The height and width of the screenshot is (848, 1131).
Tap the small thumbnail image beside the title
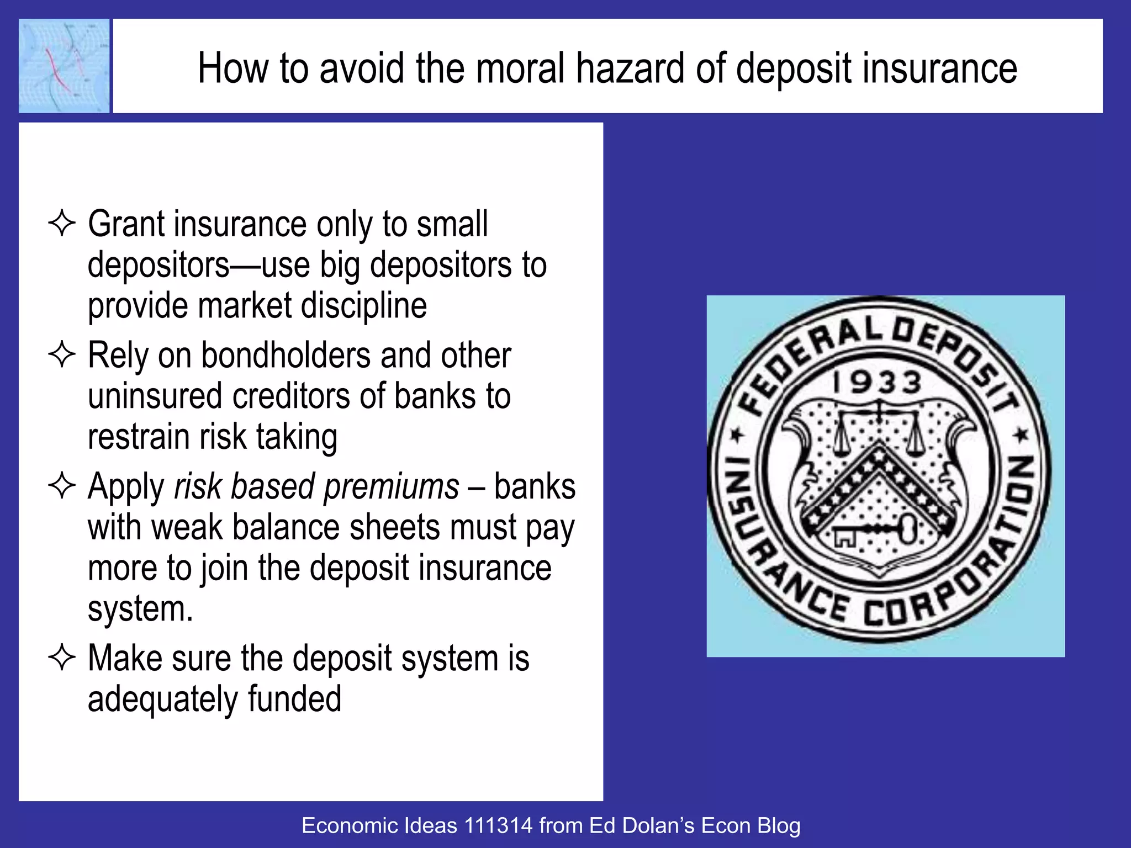64,66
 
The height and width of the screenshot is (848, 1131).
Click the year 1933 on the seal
877,383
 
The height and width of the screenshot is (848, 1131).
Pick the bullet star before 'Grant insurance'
62,224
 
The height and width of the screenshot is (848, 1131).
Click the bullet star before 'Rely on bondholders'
62,354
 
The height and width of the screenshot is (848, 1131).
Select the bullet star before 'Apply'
62,486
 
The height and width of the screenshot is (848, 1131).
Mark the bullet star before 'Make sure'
62,658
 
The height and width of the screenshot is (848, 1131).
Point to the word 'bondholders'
286,355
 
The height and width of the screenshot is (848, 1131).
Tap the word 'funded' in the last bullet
294,698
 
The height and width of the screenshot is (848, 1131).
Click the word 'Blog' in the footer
779,826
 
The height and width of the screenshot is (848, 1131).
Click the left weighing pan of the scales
842,444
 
